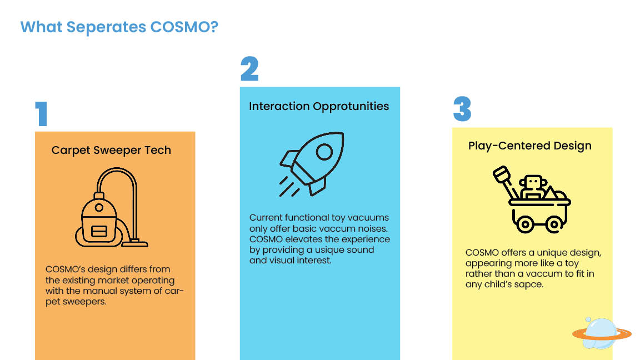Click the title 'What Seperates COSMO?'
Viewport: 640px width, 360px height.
coord(119,27)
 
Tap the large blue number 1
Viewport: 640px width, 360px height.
coord(42,114)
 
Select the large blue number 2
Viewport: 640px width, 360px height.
coord(249,68)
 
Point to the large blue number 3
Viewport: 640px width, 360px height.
coord(462,109)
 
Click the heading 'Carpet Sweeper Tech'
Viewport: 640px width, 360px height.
coord(111,150)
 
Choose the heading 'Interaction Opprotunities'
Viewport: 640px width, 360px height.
coord(319,107)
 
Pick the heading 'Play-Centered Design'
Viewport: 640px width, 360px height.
coord(530,146)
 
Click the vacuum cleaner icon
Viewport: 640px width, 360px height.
coord(112,207)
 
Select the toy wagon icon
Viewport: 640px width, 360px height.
coord(532,199)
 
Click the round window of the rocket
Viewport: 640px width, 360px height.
coord(324,152)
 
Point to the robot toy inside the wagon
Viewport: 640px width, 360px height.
coord(532,187)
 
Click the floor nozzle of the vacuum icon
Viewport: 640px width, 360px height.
coord(134,244)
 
